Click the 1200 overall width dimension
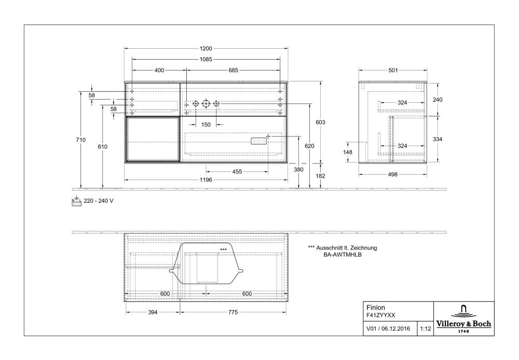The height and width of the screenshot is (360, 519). click(206, 49)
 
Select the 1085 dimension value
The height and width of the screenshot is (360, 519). click(206, 60)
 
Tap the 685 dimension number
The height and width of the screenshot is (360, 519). click(233, 71)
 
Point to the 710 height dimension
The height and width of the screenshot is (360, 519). click(81, 140)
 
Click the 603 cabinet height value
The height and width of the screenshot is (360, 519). click(320, 122)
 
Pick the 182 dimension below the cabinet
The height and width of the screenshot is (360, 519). click(320, 176)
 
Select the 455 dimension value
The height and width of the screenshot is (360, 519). click(237, 172)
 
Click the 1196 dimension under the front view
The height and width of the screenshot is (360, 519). click(206, 180)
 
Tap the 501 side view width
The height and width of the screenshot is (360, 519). click(393, 71)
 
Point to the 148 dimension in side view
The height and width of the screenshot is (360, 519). click(348, 153)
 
